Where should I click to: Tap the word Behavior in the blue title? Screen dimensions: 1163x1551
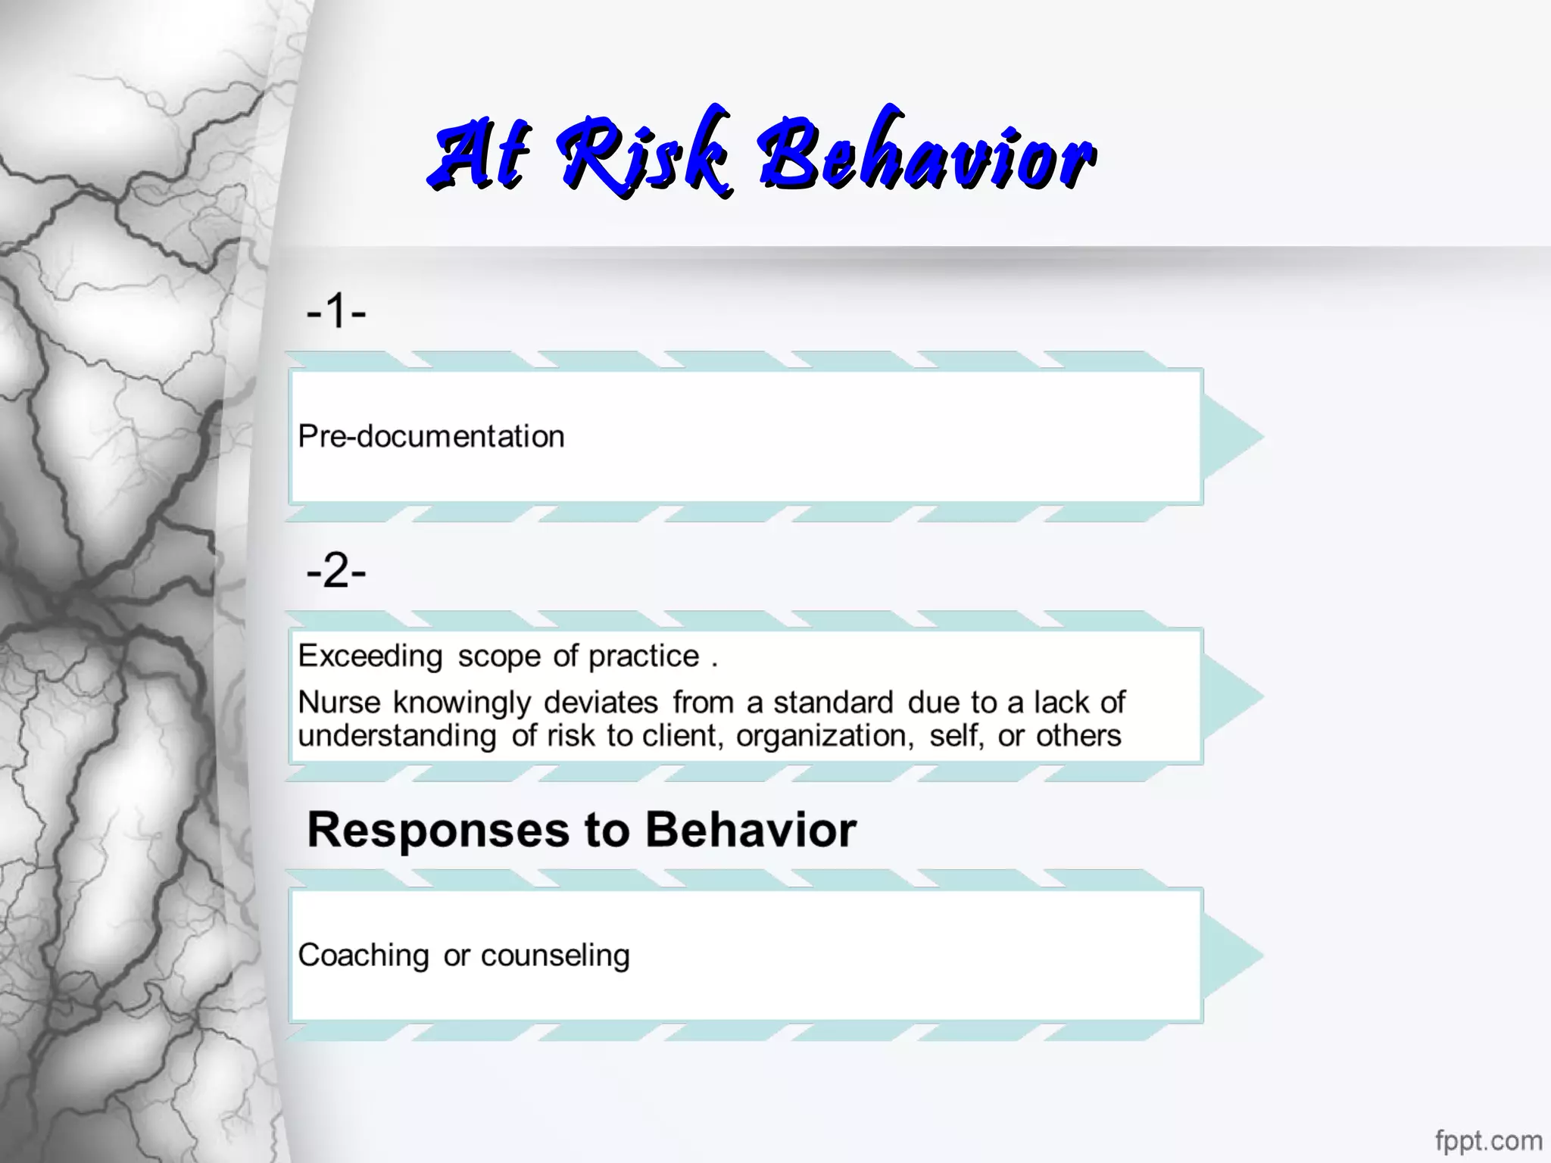pos(927,155)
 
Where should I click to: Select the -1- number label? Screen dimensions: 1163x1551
pos(336,311)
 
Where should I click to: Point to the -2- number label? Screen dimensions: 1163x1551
pos(336,571)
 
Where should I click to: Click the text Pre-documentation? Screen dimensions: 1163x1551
pos(431,437)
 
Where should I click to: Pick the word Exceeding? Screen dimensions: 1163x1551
pos(370,656)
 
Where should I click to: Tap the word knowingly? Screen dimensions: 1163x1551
pos(461,703)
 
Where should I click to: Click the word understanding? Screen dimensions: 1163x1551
pos(398,736)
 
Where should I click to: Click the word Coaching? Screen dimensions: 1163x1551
pos(364,956)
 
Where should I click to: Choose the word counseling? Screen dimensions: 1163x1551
pos(555,956)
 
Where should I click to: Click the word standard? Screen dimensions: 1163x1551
pos(833,703)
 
